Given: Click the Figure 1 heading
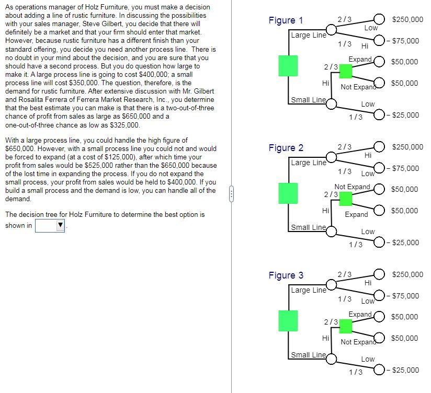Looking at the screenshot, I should pyautogui.click(x=286, y=20).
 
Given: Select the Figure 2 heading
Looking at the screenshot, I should pyautogui.click(x=286, y=148).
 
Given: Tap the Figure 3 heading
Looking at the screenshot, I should pyautogui.click(x=286, y=275).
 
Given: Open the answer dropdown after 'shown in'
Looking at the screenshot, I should pyautogui.click(x=50, y=226).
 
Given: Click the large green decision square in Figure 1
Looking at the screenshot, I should pyautogui.click(x=288, y=65).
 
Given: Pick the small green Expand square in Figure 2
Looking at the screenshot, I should pyautogui.click(x=345, y=198).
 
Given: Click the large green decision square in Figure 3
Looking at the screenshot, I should pyautogui.click(x=288, y=320).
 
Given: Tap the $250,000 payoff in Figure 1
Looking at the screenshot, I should pyautogui.click(x=407, y=19).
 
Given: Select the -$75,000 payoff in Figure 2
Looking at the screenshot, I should pyautogui.click(x=404, y=168).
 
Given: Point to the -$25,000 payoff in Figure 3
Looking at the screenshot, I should pyautogui.click(x=404, y=370).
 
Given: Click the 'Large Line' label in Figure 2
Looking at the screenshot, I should pyautogui.click(x=308, y=163).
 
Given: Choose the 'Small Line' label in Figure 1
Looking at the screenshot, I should pyautogui.click(x=308, y=100).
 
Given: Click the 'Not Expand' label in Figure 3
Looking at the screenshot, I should pyautogui.click(x=359, y=342).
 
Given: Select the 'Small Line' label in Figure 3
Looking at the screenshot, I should pyautogui.click(x=308, y=355).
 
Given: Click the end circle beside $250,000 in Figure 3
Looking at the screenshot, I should pyautogui.click(x=379, y=274).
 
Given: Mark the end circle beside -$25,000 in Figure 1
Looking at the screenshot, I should pyautogui.click(x=379, y=115).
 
